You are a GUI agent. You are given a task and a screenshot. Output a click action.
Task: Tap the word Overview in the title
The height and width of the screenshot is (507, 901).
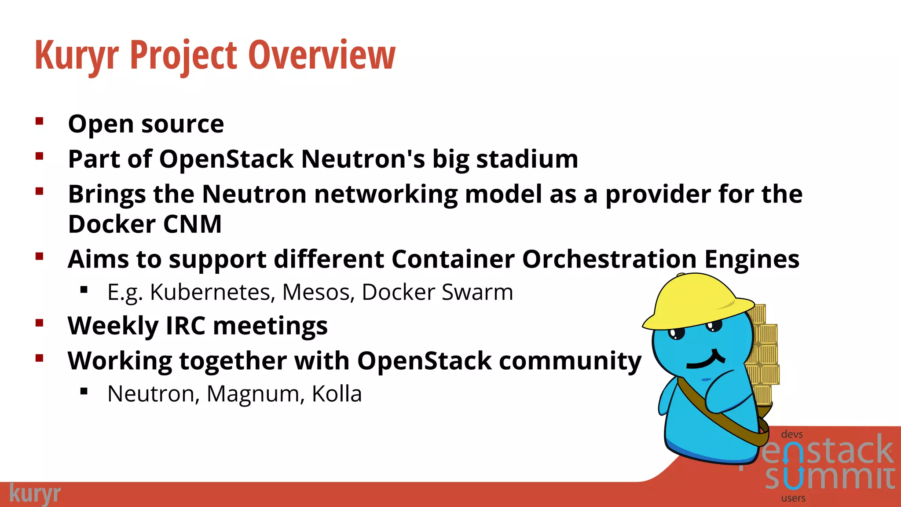[322, 55]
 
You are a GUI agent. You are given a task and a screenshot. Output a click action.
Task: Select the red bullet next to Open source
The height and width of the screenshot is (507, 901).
[40, 121]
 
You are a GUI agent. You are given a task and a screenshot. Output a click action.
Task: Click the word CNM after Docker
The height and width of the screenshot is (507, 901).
[192, 224]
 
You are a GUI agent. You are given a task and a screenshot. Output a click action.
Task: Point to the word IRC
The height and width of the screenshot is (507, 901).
[185, 326]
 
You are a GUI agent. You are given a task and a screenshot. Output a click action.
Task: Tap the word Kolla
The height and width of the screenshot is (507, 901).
[337, 394]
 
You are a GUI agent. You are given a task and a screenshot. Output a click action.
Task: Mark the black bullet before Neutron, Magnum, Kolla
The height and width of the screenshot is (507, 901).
[84, 391]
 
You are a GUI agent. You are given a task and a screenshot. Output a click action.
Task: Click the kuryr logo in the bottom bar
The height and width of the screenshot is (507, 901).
[35, 493]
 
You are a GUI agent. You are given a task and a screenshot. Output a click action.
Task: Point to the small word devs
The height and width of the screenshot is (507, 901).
[792, 434]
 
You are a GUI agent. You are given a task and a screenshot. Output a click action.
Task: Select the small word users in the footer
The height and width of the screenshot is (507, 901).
[793, 498]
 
